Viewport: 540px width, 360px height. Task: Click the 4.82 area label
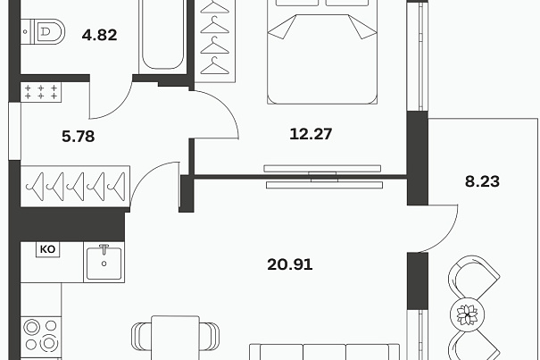(100, 35)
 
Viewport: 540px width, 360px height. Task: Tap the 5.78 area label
(79, 137)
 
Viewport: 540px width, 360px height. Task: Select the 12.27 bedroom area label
(311, 134)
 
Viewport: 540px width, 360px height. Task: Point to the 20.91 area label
(289, 264)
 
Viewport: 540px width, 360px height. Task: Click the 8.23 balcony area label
(482, 181)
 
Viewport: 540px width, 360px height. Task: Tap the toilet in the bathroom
(43, 32)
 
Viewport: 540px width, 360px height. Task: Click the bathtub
(162, 35)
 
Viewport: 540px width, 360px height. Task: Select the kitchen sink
(104, 263)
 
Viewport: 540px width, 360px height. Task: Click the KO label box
(48, 249)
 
